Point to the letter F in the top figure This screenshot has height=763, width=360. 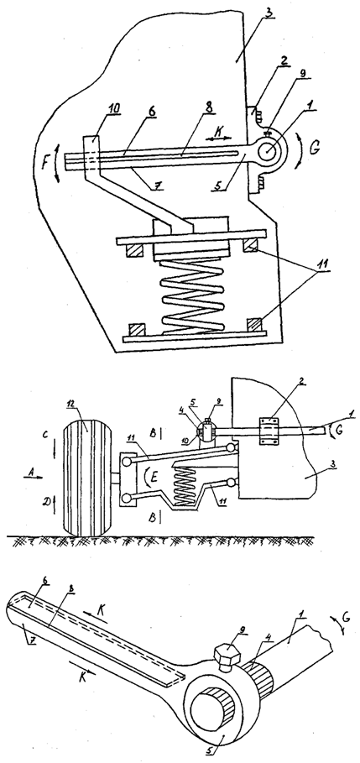click(46, 161)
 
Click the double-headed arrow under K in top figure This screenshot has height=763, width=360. click(218, 138)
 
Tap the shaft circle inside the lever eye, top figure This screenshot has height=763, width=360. click(269, 149)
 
